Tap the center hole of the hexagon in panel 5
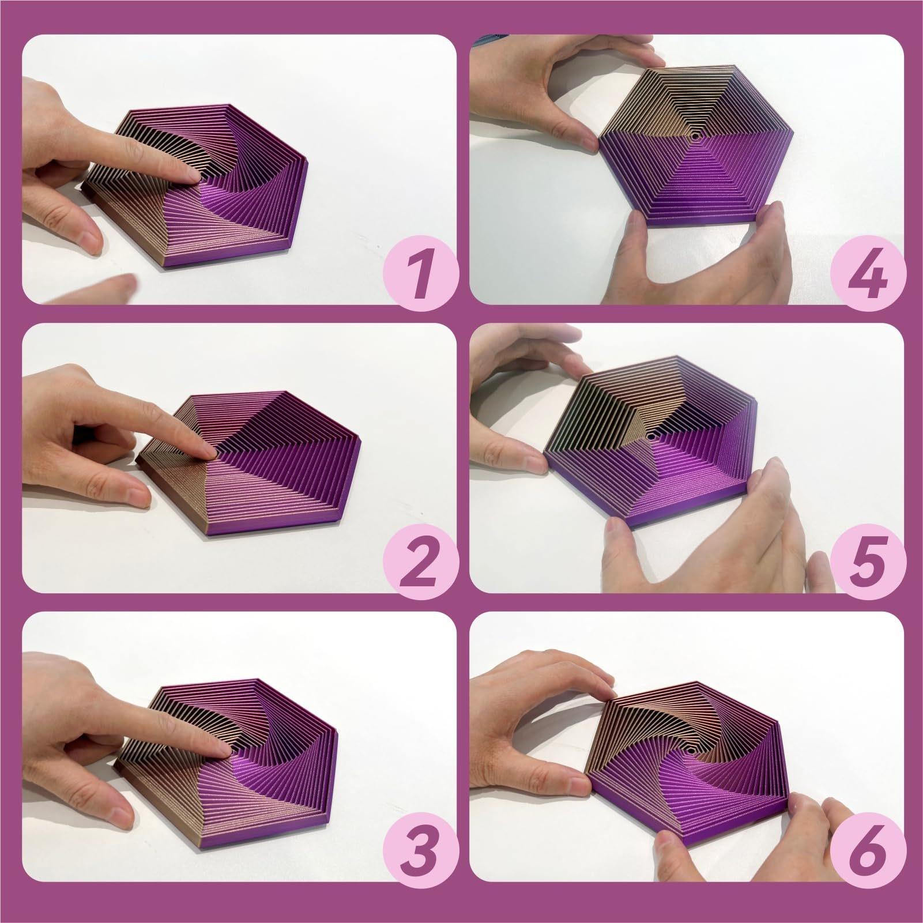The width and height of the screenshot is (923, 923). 651,438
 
